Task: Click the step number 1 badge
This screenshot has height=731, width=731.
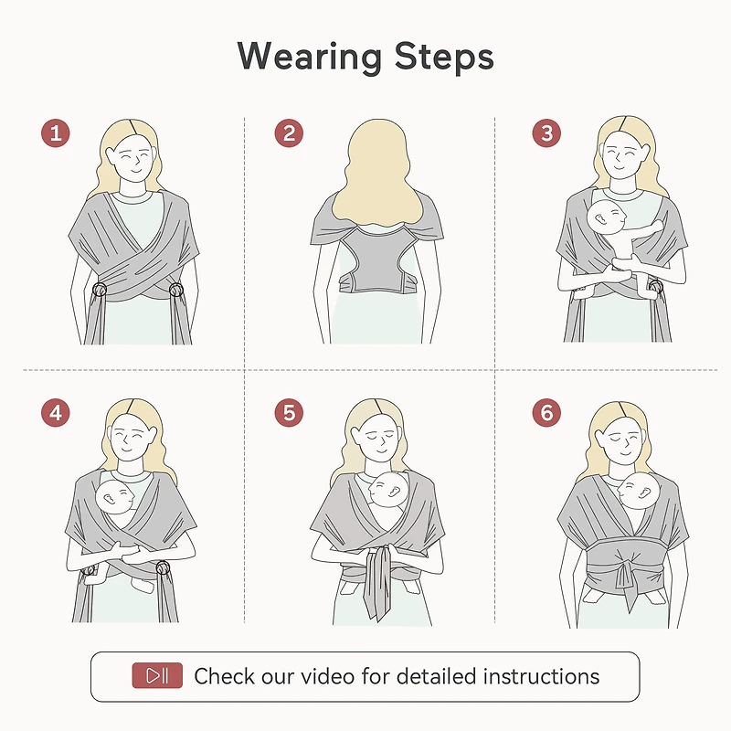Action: [56, 133]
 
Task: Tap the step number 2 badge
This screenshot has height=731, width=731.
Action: [289, 133]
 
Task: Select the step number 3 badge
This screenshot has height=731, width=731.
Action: [546, 133]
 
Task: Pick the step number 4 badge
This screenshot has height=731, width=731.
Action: [56, 413]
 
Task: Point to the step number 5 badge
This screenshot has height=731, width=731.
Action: [289, 413]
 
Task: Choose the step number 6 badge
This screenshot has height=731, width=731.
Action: [546, 413]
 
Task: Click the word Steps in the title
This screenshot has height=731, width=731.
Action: [445, 57]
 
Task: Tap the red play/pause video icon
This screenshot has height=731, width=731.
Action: [157, 676]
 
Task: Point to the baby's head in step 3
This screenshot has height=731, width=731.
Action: [607, 216]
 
